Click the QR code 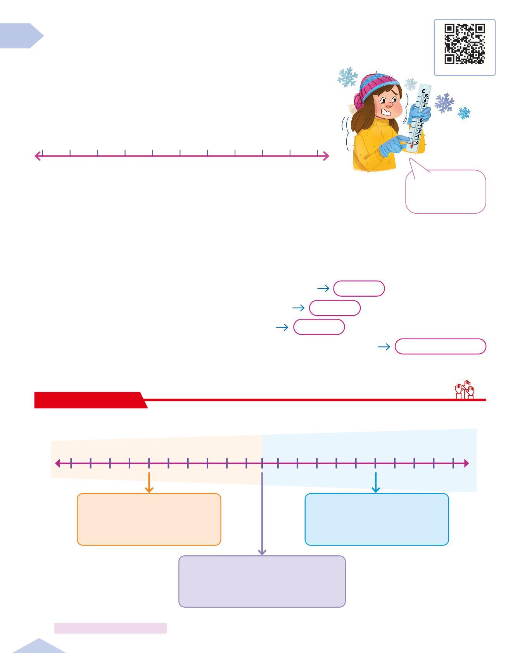point(464,44)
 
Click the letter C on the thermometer point(423,92)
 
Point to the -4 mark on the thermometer point(416,142)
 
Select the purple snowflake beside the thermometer point(444,103)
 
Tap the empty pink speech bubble point(446,192)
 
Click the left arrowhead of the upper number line point(38,156)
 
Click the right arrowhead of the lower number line point(466,463)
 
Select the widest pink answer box point(440,346)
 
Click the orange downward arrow point(149,483)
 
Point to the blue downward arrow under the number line point(375,483)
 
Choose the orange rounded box point(149,519)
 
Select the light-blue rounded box point(377,519)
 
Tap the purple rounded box point(262,581)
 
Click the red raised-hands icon point(465,390)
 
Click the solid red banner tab point(89,400)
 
